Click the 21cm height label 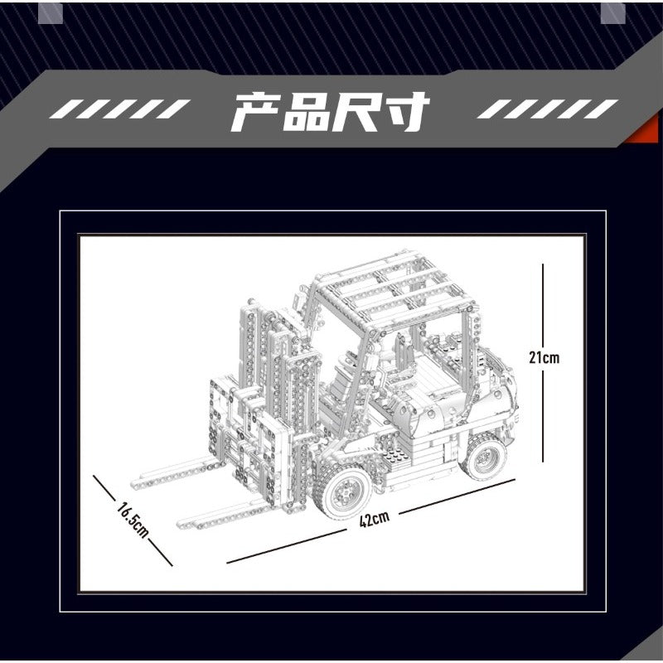tap(544, 357)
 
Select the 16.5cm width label tap(133, 520)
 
